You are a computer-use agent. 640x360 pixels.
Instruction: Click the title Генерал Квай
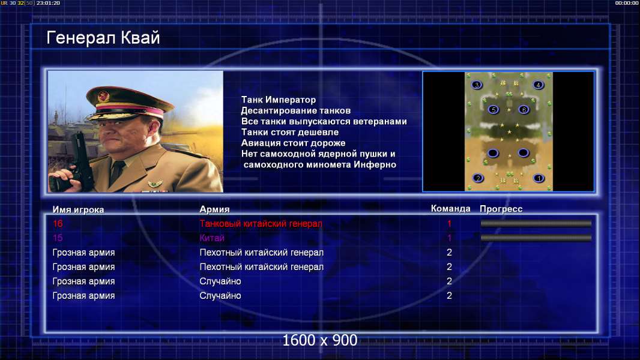tap(103, 38)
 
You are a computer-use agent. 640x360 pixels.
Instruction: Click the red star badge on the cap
tap(104, 97)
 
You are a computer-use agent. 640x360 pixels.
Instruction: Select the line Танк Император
tap(279, 100)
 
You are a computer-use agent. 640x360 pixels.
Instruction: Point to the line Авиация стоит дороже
tap(293, 143)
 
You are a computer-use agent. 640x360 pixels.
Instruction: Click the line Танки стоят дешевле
tap(290, 132)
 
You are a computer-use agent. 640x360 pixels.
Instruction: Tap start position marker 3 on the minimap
tap(476, 85)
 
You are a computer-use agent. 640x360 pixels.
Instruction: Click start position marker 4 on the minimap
tap(539, 85)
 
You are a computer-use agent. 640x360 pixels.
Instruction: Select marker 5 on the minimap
tap(494, 110)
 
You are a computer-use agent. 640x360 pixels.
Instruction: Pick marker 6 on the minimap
tap(524, 109)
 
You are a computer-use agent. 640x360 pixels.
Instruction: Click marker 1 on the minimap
tap(539, 178)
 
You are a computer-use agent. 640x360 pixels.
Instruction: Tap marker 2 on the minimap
tap(477, 178)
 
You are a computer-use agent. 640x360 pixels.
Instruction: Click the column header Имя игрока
tap(79, 209)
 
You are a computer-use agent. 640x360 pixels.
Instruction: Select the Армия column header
tap(214, 209)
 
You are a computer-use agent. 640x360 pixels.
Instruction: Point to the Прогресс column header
tap(501, 209)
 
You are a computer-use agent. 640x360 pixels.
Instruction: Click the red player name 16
tap(58, 223)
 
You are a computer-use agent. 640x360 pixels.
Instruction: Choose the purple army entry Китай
tap(212, 238)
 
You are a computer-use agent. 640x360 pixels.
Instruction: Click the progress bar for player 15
tap(536, 238)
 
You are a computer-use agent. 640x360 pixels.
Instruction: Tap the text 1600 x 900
tap(320, 340)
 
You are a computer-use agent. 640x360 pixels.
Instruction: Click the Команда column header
tap(451, 209)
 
